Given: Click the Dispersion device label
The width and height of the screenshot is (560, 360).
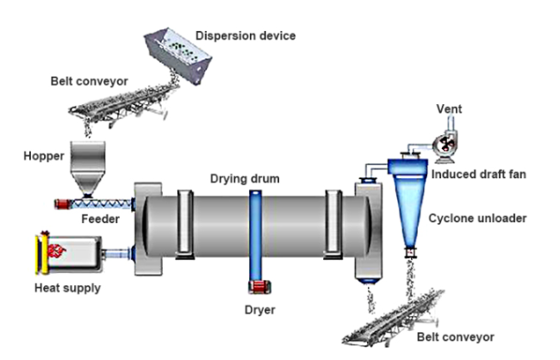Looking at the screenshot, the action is tap(246, 35).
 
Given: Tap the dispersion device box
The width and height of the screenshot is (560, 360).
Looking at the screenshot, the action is tap(177, 54).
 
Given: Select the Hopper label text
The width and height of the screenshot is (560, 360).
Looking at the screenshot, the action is tap(44, 157).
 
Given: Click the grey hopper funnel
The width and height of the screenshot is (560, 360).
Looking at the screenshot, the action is tap(88, 169).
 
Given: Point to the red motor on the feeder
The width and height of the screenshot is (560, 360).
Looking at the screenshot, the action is tap(62, 204).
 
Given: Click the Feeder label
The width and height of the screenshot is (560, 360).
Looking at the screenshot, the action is tap(100, 219).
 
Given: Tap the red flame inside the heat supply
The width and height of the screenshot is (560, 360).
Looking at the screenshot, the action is tap(56, 251).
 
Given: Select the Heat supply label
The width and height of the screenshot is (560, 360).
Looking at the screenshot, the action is tap(67, 288).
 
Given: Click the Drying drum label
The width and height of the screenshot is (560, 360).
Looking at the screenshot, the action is tap(245, 178).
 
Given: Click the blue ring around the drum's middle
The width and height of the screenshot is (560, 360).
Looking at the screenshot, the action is tap(255, 236).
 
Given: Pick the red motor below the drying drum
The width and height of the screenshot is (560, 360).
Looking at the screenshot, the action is tap(259, 287).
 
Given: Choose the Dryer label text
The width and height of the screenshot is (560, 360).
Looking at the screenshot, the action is tap(259, 310).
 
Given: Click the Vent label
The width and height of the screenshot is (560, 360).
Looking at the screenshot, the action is tap(449, 109).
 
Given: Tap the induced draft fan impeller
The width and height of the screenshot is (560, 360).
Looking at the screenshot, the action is tap(446, 145).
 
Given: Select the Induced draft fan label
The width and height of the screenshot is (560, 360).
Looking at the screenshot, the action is tap(478, 174).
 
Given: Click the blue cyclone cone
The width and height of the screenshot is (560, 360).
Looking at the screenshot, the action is tap(409, 211).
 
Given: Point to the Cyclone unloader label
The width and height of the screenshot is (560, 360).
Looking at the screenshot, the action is tap(477, 218).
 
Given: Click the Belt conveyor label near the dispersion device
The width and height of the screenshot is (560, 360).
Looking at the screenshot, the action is tap(89, 81).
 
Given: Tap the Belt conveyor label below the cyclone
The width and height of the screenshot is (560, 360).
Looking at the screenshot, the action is tap(456, 337).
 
